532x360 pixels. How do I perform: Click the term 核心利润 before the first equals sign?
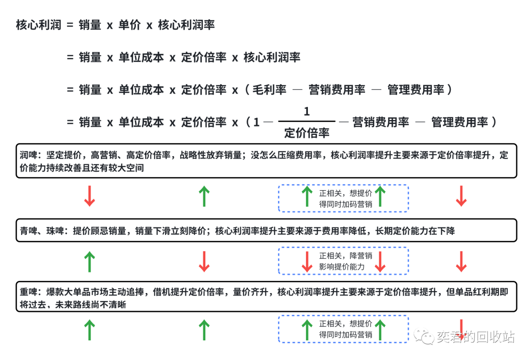[39, 25]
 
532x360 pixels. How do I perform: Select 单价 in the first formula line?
[130, 25]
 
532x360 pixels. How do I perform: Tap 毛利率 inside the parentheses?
[269, 90]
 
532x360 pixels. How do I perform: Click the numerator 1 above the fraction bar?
[306, 112]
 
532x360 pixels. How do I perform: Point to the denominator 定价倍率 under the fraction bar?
[306, 132]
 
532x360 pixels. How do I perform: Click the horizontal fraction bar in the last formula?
[306, 121]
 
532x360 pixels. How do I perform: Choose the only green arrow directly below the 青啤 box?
[89, 262]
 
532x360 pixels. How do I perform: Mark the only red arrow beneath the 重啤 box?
[461, 327]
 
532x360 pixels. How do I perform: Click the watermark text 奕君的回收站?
[475, 337]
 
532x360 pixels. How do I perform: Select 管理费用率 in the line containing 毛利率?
[416, 90]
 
